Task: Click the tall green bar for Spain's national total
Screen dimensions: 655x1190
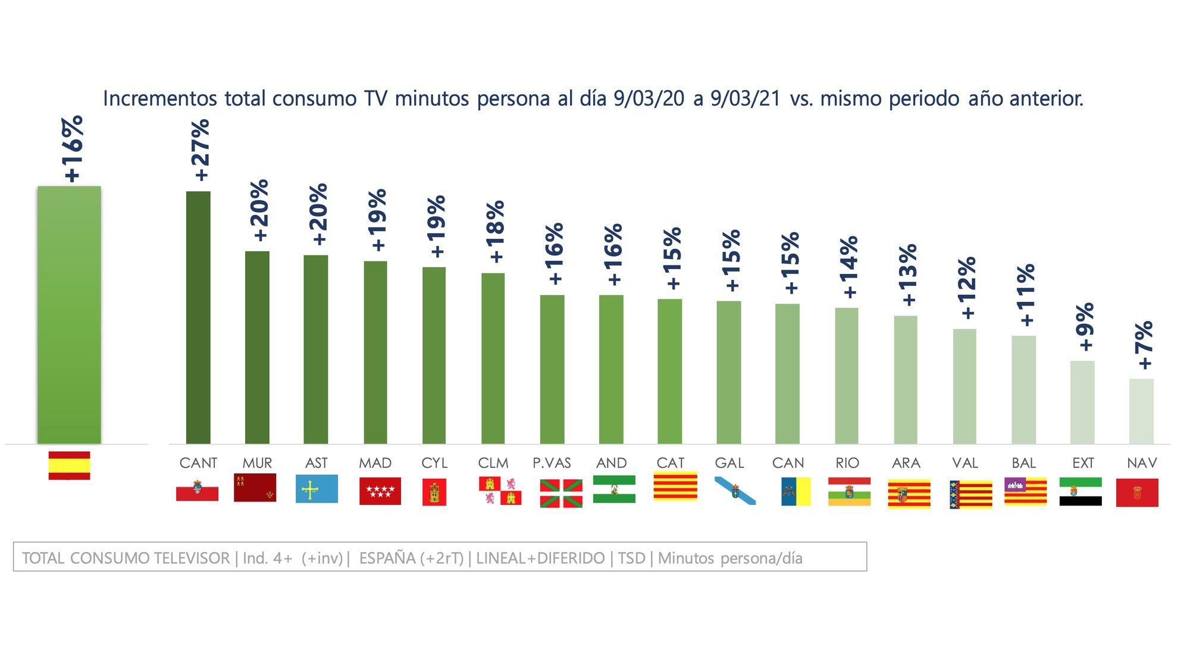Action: pyautogui.click(x=69, y=316)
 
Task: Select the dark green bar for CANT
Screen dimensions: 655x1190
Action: pyautogui.click(x=198, y=319)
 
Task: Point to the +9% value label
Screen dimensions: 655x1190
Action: pyautogui.click(x=1085, y=327)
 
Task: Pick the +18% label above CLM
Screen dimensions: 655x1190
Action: pyautogui.click(x=495, y=232)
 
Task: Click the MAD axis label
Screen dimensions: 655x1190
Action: pyautogui.click(x=375, y=463)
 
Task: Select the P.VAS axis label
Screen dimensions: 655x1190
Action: pyautogui.click(x=552, y=463)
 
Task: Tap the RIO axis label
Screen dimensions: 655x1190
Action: pyautogui.click(x=847, y=463)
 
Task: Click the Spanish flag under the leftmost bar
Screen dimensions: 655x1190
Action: pyautogui.click(x=69, y=465)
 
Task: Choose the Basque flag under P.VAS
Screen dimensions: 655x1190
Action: pyautogui.click(x=560, y=493)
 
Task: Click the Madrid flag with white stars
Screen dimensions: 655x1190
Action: pyautogui.click(x=380, y=491)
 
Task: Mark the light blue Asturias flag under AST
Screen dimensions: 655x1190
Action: pyautogui.click(x=317, y=489)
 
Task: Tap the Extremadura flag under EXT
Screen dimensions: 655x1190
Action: pyautogui.click(x=1080, y=491)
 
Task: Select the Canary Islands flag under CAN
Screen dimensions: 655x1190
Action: pyautogui.click(x=796, y=491)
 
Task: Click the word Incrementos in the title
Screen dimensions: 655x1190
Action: pyautogui.click(x=160, y=98)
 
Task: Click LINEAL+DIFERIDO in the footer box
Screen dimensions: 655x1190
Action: pyautogui.click(x=540, y=558)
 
